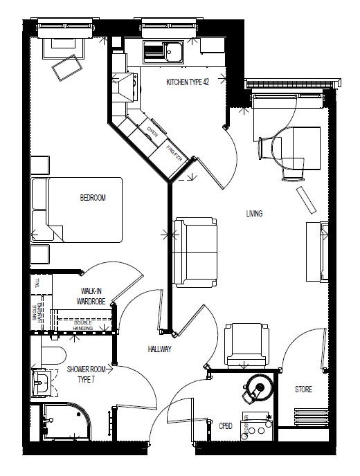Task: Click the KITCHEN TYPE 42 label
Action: tap(187, 83)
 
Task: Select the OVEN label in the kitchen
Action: tap(152, 130)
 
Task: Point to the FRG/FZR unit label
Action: tap(174, 150)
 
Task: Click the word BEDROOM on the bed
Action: tap(93, 198)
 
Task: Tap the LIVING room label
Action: tap(254, 214)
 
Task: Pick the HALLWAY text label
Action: tap(159, 350)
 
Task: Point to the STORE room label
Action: tap(303, 390)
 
